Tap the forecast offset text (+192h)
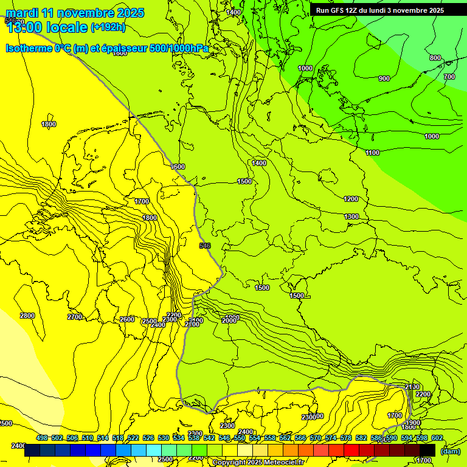coord(108,27)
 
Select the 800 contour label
coord(435,58)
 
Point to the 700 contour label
coord(449,77)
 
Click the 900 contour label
coord(384,78)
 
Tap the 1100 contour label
coord(372,153)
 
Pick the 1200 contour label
coord(351,199)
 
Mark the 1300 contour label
coord(351,216)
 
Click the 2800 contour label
coord(27,316)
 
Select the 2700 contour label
coord(75,317)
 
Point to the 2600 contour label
coord(127,319)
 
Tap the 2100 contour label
coord(412,387)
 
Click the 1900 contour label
coord(413,423)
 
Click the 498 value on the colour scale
coord(42,438)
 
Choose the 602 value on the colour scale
coord(437,438)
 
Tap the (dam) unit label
coord(450,451)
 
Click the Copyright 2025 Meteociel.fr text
coord(258,462)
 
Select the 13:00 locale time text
coord(47,27)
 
